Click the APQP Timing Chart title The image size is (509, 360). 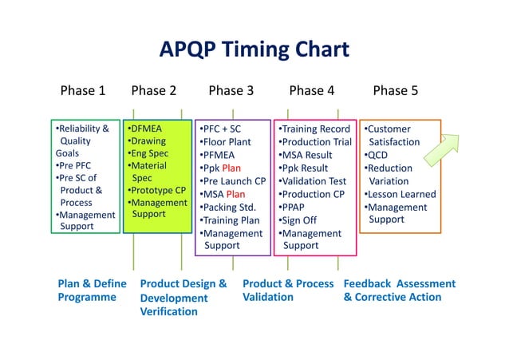pos(254,49)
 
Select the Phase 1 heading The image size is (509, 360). pos(83,90)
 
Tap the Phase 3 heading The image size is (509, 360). pos(231,90)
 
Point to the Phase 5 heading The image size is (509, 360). pos(395,90)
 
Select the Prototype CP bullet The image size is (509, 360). pos(157,191)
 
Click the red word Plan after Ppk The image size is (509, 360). pos(231,168)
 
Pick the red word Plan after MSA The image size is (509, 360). pos(235,194)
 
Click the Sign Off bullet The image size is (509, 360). pos(299,220)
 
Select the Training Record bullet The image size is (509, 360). pos(314,129)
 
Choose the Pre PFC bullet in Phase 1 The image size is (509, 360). pos(75,166)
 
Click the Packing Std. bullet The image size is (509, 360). pos(229,208)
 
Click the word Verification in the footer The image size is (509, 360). pos(168,311)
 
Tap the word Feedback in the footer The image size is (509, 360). pos(369,283)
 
